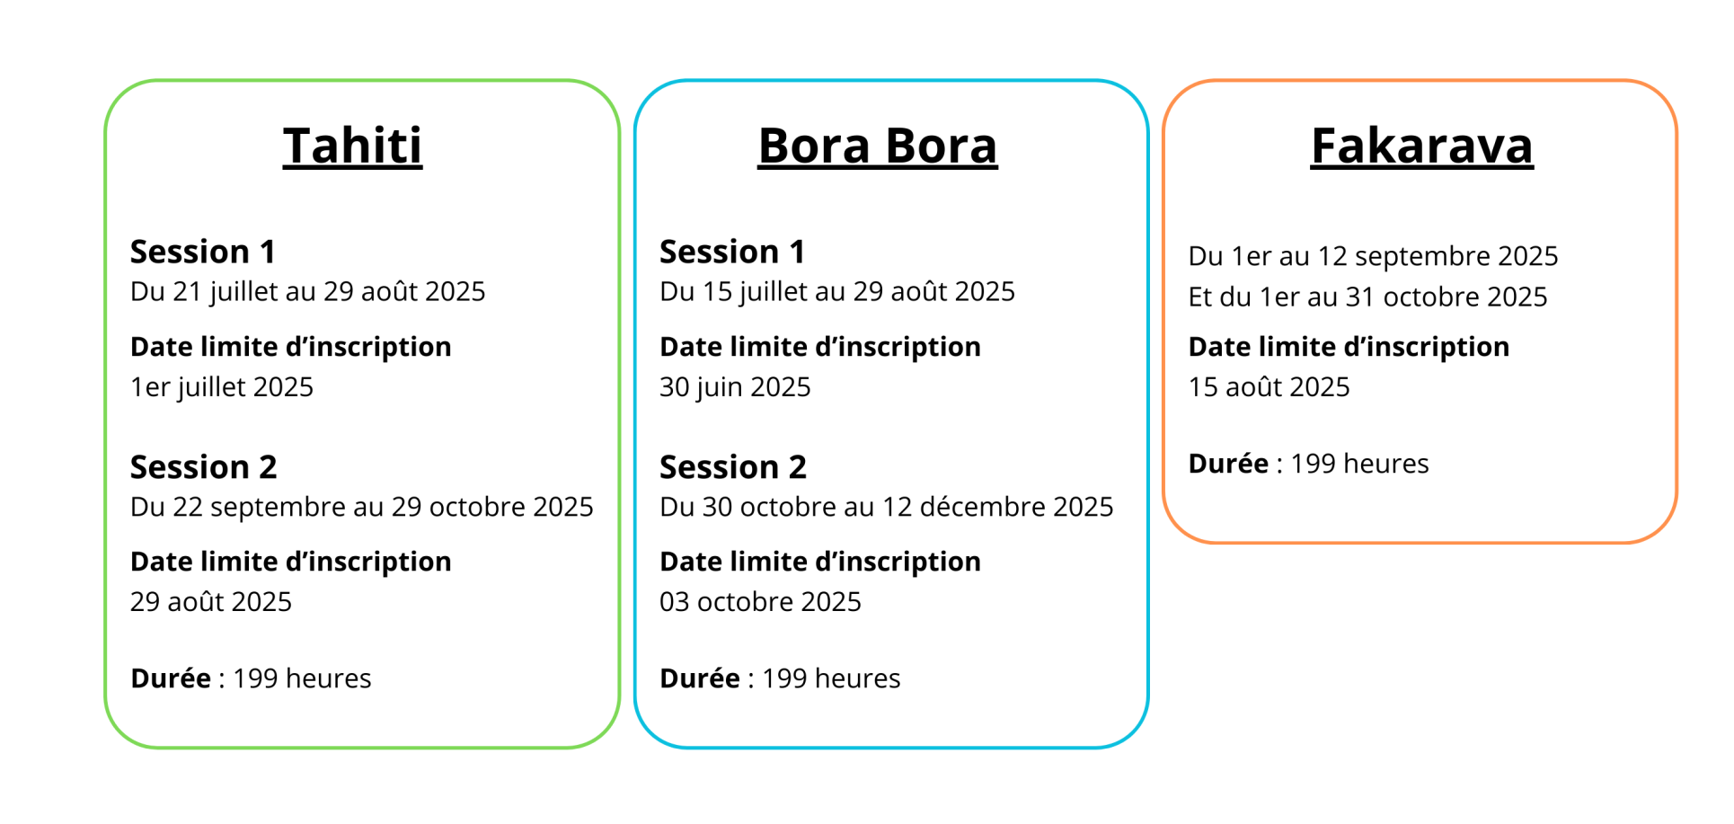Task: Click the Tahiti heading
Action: pyautogui.click(x=352, y=146)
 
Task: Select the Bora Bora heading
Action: pyautogui.click(x=878, y=146)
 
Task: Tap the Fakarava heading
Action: pyautogui.click(x=1421, y=146)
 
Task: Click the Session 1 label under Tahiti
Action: pyautogui.click(x=203, y=252)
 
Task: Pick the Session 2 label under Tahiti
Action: pyautogui.click(x=204, y=467)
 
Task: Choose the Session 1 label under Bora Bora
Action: pyautogui.click(x=732, y=252)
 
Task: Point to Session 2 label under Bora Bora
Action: pyautogui.click(x=733, y=467)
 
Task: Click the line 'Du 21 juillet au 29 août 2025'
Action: pyautogui.click(x=308, y=292)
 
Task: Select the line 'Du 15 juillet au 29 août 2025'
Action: pyautogui.click(x=837, y=292)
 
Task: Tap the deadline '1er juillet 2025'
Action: pyautogui.click(x=222, y=387)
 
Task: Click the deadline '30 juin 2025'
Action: pyautogui.click(x=735, y=387)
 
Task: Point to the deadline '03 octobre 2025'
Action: pyautogui.click(x=760, y=602)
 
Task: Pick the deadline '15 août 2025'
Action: pyautogui.click(x=1270, y=387)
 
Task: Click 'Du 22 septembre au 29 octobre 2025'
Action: pyautogui.click(x=362, y=507)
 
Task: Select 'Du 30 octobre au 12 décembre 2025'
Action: pyautogui.click(x=887, y=507)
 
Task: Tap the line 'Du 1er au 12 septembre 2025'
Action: pyautogui.click(x=1374, y=256)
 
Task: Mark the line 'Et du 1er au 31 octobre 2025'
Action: pyautogui.click(x=1368, y=297)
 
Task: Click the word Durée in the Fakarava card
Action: pyautogui.click(x=1229, y=464)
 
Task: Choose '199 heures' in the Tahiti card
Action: pyautogui.click(x=302, y=678)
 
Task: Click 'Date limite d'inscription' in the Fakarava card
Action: pyautogui.click(x=1349, y=347)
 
